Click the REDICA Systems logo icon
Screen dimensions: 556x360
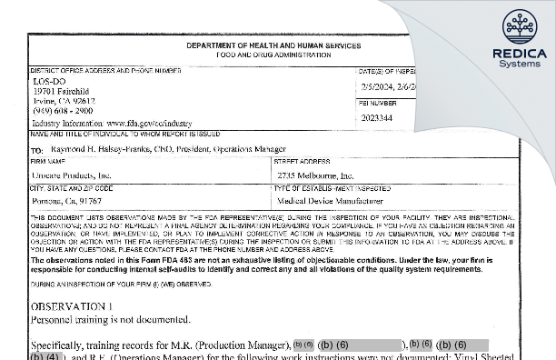[x=519, y=26]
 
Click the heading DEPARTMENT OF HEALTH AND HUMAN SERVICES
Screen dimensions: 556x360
[x=273, y=45]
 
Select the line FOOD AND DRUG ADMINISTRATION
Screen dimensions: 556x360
[x=273, y=54]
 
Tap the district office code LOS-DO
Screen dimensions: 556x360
[x=45, y=80]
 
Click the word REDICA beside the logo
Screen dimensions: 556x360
[x=519, y=53]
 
